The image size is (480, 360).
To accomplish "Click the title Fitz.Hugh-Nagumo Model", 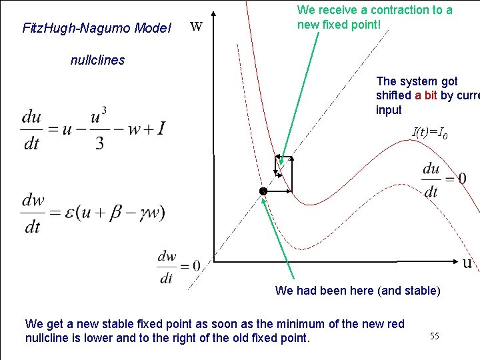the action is coord(97,28).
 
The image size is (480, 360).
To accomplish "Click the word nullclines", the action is coord(97,60).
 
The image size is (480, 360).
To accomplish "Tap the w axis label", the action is coord(196,27).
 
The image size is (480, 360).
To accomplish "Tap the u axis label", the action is coord(467,263).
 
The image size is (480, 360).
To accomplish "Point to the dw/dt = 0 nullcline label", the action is coord(178,266).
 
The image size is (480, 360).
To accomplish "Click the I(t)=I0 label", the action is coord(430,133).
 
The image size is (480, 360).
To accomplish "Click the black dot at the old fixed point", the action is coord(263,191).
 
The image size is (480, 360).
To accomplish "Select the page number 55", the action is coord(434,336).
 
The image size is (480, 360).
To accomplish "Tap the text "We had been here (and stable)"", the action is coord(357,291).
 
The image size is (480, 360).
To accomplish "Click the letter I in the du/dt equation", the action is coord(160,128).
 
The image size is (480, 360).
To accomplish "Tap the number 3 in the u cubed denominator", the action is coord(99,143).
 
